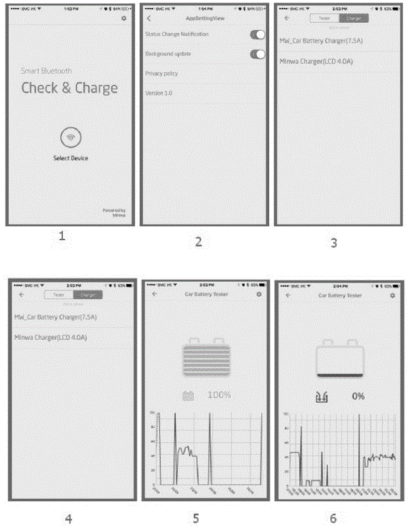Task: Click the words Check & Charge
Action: pos(69,88)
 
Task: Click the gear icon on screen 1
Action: pos(124,19)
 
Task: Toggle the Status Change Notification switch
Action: pos(257,35)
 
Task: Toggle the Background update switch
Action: pos(257,54)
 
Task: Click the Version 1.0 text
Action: pos(159,93)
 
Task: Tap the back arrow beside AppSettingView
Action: pos(149,19)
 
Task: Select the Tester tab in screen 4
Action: pos(59,294)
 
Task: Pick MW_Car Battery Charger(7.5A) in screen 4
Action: pos(55,318)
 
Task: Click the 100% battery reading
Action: pos(218,395)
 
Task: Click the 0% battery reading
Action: pos(358,396)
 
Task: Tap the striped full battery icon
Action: pos(206,358)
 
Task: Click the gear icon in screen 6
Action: pos(393,294)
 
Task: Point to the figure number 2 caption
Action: pos(199,241)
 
